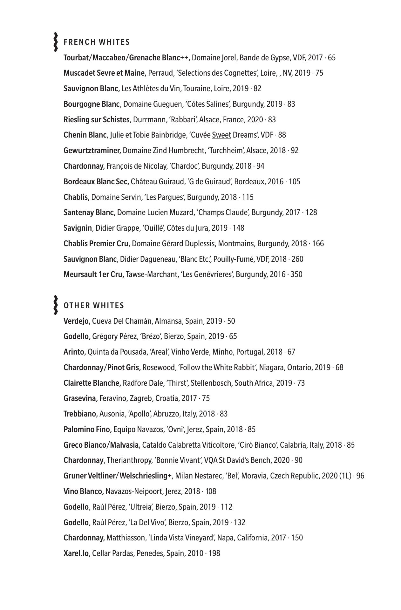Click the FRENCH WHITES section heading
point(97,42)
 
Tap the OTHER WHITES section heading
point(94,306)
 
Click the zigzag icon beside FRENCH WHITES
point(56,42)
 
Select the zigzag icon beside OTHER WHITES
point(56,305)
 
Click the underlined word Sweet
point(221,135)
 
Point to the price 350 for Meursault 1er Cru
point(296,274)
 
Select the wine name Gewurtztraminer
point(92,151)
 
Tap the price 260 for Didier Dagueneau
point(297,259)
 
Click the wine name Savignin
point(78,228)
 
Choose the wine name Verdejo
point(77,321)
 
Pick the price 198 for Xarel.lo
point(214,553)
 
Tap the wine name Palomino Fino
point(87,430)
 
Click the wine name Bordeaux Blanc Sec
point(96,182)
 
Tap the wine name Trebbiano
point(80,414)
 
